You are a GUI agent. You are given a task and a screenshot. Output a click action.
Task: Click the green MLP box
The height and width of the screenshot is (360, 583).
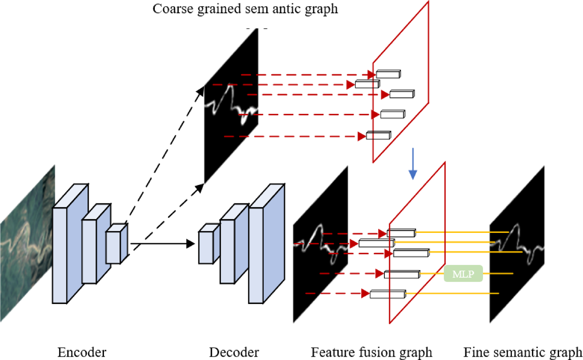click(463, 273)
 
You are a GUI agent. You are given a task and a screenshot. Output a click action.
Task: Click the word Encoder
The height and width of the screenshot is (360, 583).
click(82, 352)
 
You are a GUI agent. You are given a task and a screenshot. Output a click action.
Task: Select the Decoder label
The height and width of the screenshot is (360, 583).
click(234, 352)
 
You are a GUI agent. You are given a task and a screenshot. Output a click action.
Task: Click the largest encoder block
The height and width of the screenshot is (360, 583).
click(60, 254)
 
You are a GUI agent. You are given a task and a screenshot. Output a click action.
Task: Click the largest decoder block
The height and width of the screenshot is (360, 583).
click(256, 254)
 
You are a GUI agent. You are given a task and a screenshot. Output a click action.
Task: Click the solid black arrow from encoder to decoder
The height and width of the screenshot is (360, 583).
click(162, 244)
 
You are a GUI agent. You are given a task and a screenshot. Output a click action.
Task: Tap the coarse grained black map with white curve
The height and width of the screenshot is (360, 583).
click(230, 107)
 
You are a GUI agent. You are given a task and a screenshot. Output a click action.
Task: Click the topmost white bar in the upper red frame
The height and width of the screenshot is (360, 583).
click(388, 74)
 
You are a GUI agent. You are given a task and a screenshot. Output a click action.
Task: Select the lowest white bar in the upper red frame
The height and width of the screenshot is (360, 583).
click(378, 136)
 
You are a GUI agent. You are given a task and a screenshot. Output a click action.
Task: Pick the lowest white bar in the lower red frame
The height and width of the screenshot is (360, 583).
click(387, 294)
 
